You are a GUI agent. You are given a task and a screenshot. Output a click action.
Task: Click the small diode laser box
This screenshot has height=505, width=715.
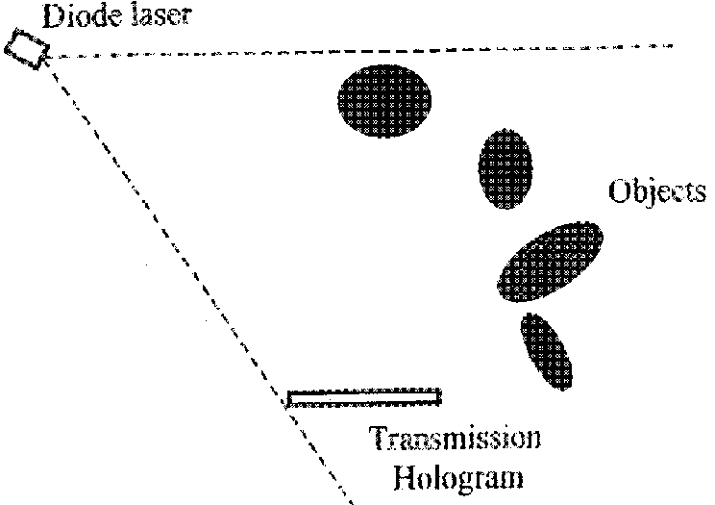pyautogui.click(x=27, y=49)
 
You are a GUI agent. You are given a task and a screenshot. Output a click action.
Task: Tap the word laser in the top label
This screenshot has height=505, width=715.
pyautogui.click(x=161, y=15)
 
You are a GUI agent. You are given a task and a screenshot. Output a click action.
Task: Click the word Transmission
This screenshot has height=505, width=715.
pyautogui.click(x=455, y=438)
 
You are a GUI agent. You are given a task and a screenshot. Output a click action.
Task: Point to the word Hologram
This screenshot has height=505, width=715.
pyautogui.click(x=458, y=478)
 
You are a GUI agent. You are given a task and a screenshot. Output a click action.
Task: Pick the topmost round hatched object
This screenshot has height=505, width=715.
pyautogui.click(x=384, y=101)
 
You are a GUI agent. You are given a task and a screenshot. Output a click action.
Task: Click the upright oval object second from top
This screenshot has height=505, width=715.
pyautogui.click(x=505, y=169)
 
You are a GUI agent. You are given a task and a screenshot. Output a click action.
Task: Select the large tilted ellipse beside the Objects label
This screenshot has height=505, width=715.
pyautogui.click(x=550, y=262)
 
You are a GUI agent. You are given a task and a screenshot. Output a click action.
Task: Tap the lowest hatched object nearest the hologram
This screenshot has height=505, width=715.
pyautogui.click(x=546, y=352)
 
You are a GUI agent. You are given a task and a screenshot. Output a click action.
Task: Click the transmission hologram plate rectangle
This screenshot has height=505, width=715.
pyautogui.click(x=364, y=397)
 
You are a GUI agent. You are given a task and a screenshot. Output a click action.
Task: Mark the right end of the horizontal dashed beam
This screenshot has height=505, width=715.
pyautogui.click(x=673, y=45)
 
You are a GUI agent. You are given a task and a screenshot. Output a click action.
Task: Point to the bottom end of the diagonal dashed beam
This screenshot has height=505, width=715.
pyautogui.click(x=353, y=503)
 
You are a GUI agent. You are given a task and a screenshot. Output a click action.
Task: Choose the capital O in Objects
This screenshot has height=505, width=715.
pyautogui.click(x=620, y=191)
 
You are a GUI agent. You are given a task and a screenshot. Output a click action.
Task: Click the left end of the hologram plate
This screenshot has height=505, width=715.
pyautogui.click(x=287, y=398)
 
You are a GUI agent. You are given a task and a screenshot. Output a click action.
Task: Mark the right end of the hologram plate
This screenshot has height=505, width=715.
pyautogui.click(x=441, y=397)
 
